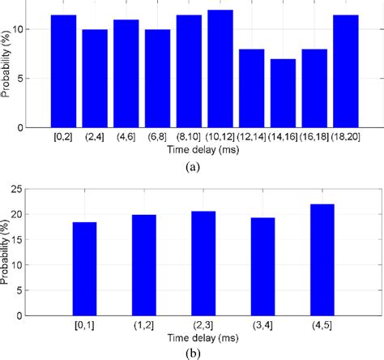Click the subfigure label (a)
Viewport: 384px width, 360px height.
193,165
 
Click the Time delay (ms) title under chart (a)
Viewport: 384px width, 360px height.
192,150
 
